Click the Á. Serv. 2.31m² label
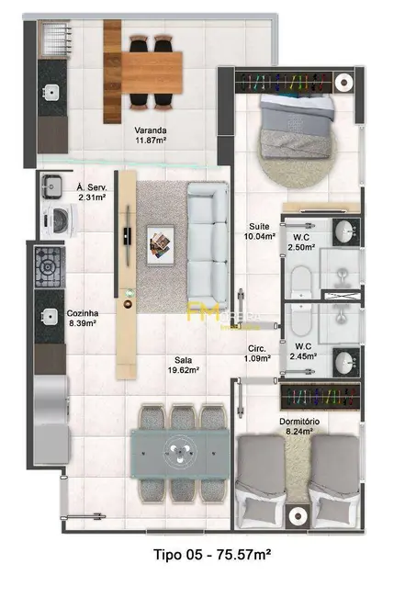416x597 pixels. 92,191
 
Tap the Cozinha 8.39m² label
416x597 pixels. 83,318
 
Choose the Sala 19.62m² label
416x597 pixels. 185,365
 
